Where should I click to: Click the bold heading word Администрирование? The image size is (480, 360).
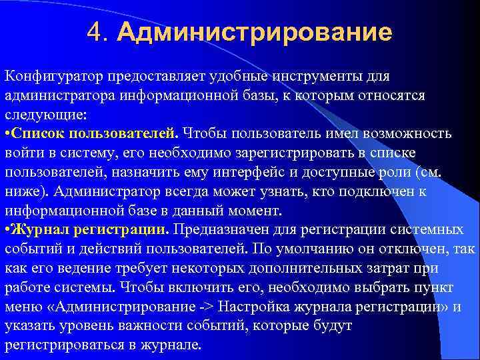coord(254,32)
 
